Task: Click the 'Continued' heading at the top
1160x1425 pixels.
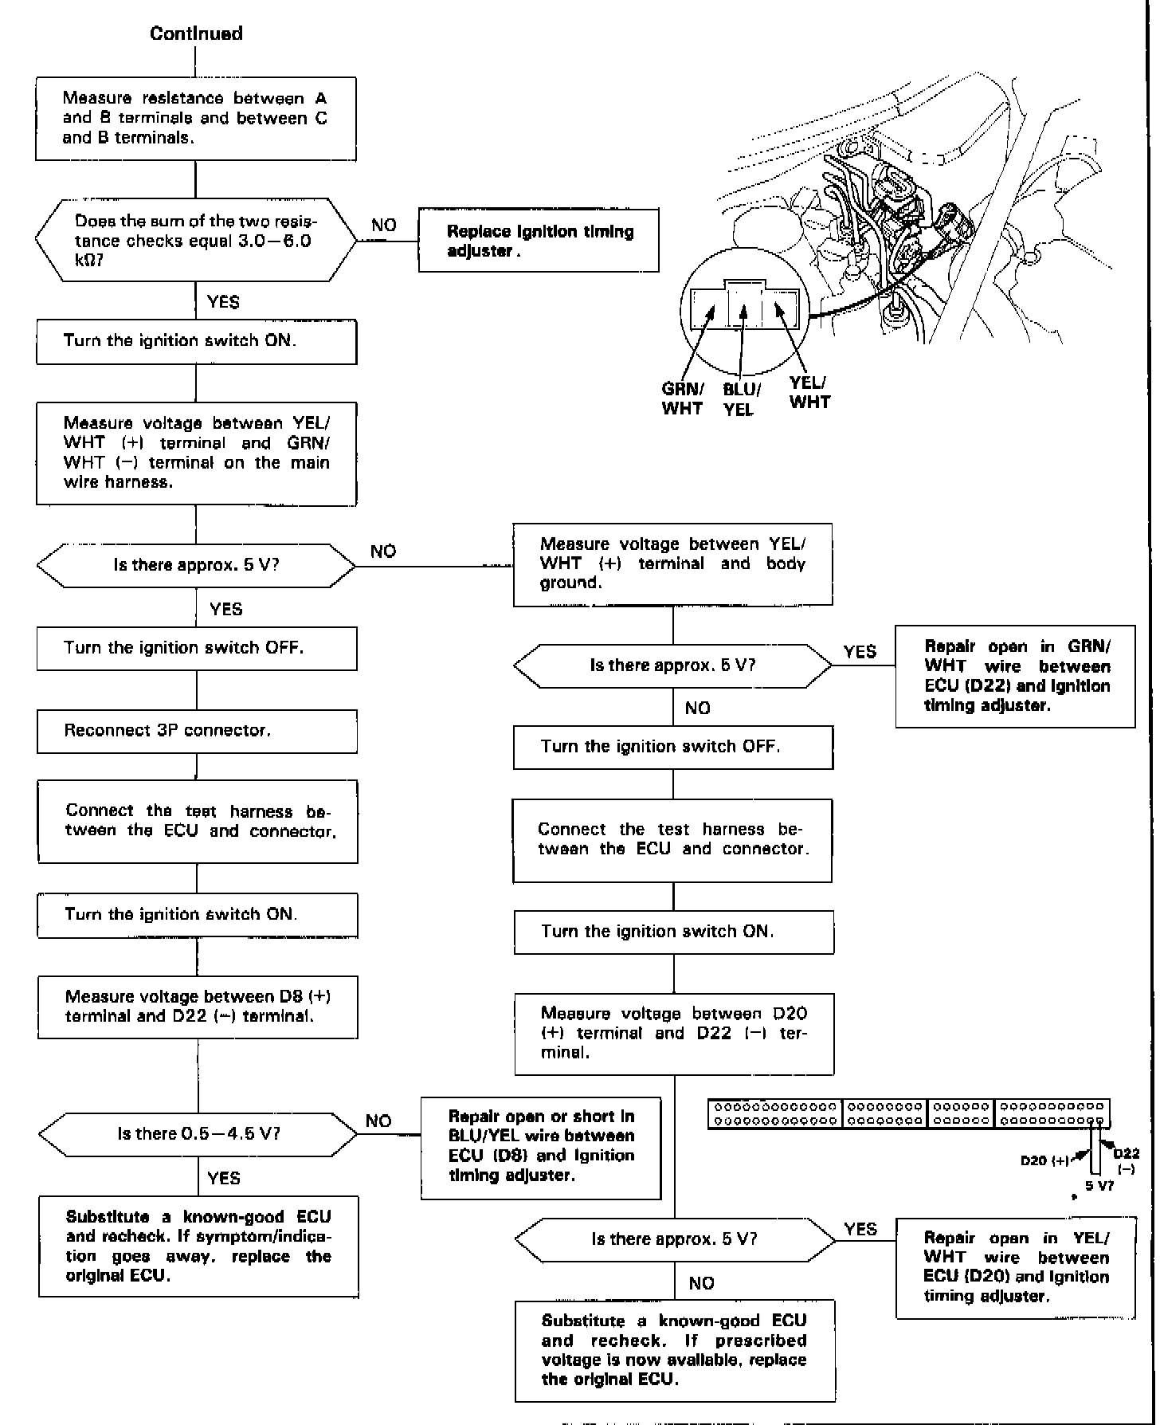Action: tap(196, 33)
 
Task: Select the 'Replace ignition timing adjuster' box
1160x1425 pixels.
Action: tap(539, 241)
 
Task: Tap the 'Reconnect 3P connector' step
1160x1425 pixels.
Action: tap(197, 731)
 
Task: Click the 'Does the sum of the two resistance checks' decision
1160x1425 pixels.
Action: tap(196, 240)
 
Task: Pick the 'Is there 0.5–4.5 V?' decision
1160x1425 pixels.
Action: tap(198, 1133)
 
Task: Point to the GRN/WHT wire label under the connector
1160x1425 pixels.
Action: tap(682, 398)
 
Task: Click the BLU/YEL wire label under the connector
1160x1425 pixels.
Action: tap(741, 399)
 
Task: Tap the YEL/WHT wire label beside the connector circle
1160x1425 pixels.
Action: tap(809, 392)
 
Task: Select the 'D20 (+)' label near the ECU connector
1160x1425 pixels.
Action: tap(1044, 1160)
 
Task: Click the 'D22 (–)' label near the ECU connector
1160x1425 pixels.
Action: tap(1127, 1160)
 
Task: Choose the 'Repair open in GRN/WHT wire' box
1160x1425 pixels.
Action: tap(1015, 676)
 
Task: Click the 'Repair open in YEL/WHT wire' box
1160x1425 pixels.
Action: tap(1015, 1267)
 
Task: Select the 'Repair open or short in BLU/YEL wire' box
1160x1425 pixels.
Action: tap(541, 1146)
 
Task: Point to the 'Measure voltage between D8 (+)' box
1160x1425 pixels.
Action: tap(198, 1007)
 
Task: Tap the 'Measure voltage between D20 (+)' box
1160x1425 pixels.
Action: tap(674, 1033)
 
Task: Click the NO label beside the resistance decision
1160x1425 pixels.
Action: tap(383, 225)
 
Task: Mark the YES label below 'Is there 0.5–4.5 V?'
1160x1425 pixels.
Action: tap(223, 1178)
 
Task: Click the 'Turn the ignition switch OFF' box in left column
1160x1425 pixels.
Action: tap(197, 648)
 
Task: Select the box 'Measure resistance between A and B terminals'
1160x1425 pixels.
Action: tap(195, 118)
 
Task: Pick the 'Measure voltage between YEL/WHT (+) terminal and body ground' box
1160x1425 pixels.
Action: tap(672, 563)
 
